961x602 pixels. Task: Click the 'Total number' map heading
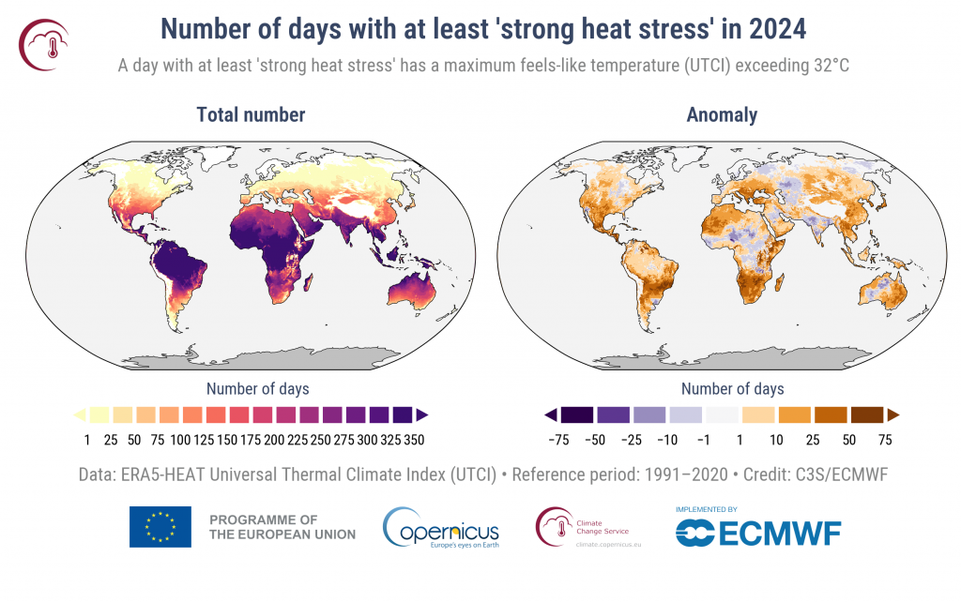251,115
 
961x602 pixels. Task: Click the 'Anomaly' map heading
722,115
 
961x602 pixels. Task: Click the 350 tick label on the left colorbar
414,439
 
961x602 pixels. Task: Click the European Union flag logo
160,527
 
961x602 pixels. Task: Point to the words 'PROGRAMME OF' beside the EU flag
264,519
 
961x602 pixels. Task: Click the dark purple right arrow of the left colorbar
423,414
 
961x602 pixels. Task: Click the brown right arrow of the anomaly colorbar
893,414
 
